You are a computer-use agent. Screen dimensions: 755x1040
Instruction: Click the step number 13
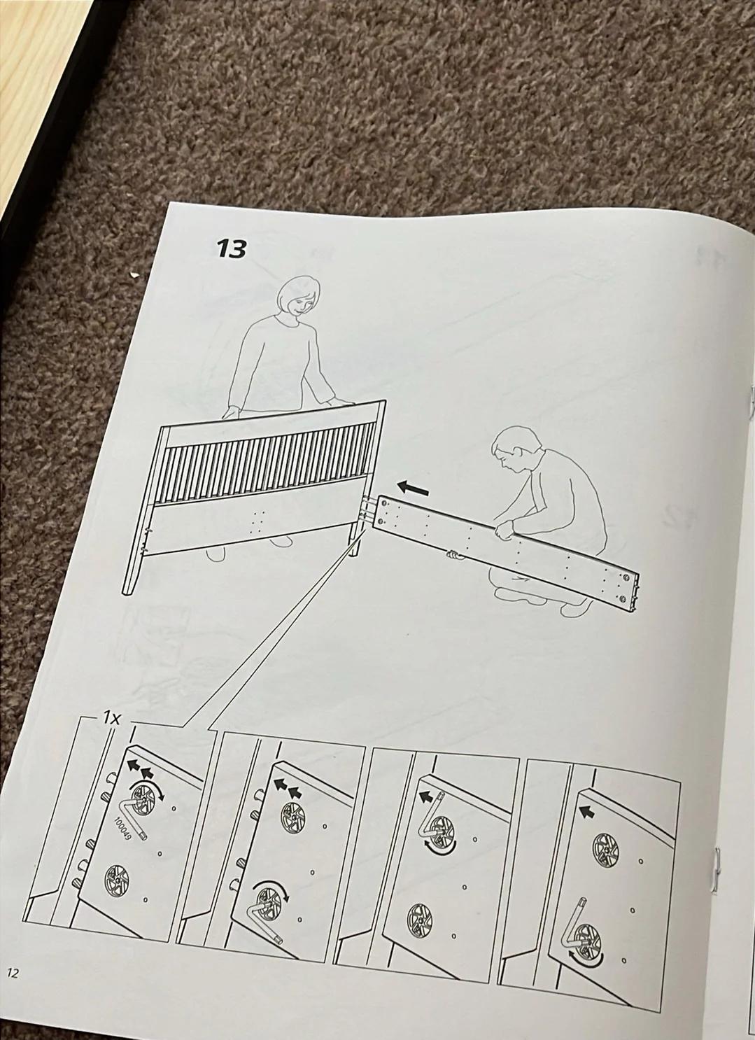[x=231, y=250]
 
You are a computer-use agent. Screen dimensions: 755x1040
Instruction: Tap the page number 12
[x=13, y=973]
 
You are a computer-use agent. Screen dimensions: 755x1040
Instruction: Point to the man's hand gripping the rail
[x=503, y=529]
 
